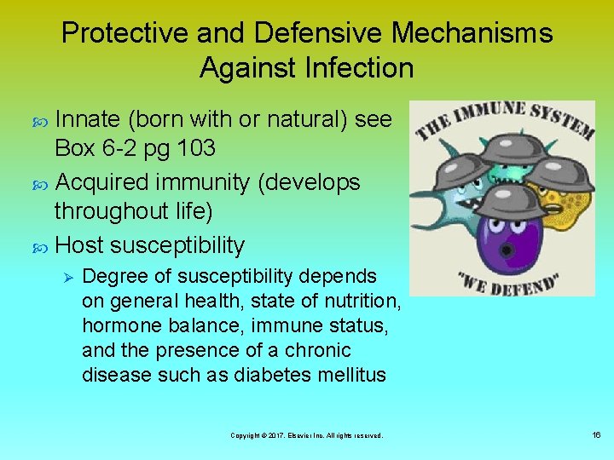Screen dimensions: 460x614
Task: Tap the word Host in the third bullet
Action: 78,245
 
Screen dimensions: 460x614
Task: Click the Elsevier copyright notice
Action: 307,435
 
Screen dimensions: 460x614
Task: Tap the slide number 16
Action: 596,435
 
